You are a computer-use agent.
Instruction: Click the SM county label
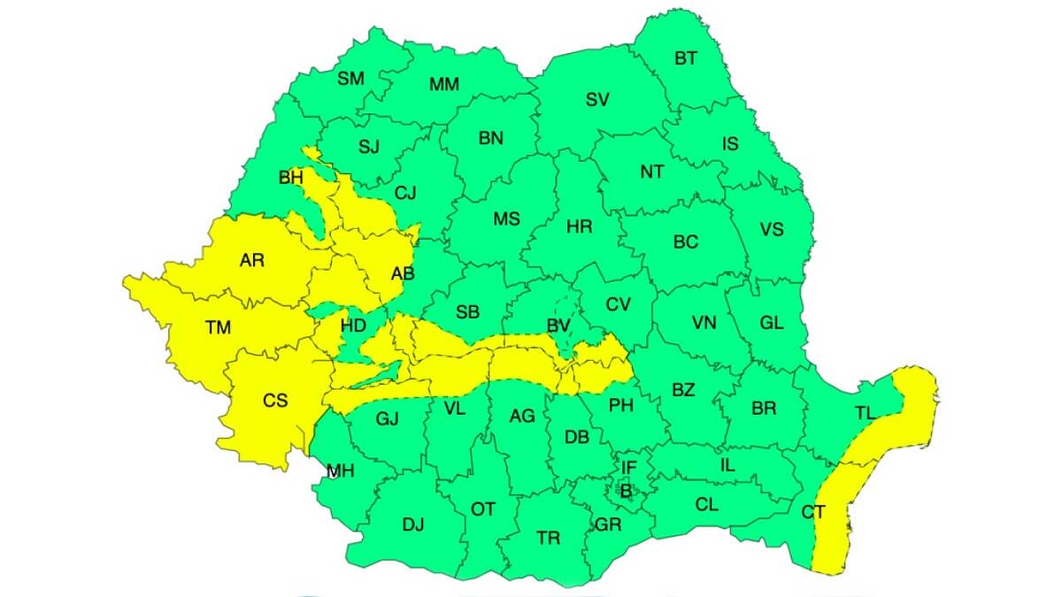[x=351, y=79]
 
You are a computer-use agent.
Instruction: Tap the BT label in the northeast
[x=686, y=58]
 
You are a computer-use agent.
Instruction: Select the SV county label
[x=597, y=100]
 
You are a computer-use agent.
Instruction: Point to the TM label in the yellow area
[x=218, y=328]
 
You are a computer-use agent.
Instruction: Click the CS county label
[x=275, y=401]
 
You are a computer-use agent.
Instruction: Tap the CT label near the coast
[x=813, y=511]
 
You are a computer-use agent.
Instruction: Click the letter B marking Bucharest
[x=625, y=490]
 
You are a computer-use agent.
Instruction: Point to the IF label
[x=628, y=467]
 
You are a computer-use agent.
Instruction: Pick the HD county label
[x=353, y=325]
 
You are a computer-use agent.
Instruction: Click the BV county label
[x=558, y=326]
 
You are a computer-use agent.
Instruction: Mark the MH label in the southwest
[x=341, y=471]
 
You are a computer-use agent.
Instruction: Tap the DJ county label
[x=413, y=524]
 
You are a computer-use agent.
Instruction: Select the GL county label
[x=772, y=323]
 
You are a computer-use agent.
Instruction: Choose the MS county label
[x=506, y=219]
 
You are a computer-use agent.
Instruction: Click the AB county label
[x=403, y=274]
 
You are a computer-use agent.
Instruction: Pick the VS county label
[x=772, y=230]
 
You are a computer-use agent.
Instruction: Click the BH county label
[x=290, y=178]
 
